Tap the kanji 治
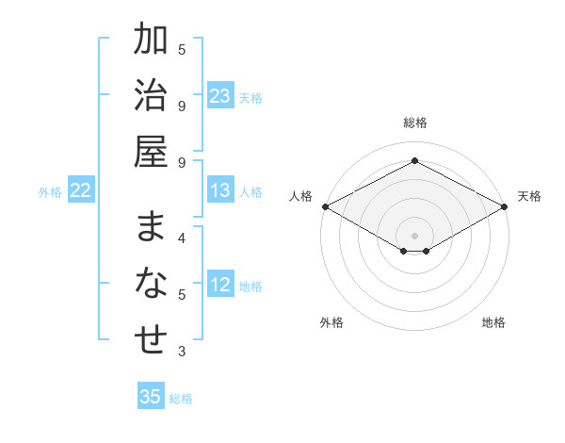(151, 96)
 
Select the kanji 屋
(151, 151)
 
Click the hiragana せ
(151, 340)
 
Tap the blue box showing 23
(220, 96)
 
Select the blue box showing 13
(220, 191)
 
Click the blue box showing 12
(220, 286)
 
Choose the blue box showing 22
(81, 191)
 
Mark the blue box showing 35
(151, 397)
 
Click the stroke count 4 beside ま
(182, 238)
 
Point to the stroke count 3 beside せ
(182, 352)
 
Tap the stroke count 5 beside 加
(182, 49)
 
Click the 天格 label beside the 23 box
(250, 98)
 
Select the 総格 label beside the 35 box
(181, 399)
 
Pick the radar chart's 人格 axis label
(301, 196)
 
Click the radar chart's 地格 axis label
(493, 322)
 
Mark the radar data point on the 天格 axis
(506, 206)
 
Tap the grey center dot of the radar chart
(414, 234)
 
